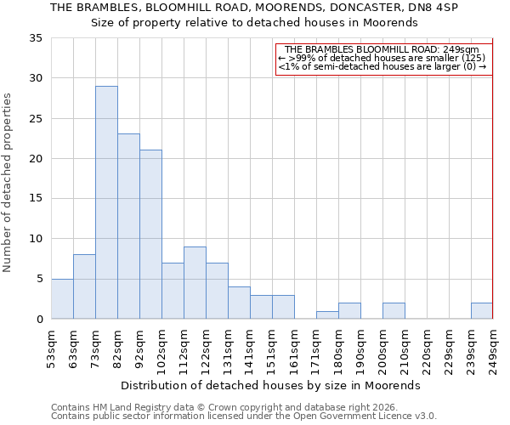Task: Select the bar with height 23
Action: pos(128,226)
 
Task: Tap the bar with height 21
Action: pos(150,235)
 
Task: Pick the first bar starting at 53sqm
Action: pos(62,298)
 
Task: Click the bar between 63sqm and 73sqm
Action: pos(84,286)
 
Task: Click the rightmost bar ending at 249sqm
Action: pos(482,311)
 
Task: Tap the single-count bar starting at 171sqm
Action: pos(327,314)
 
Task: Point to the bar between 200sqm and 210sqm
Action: pos(394,311)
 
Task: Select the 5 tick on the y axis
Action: pos(38,280)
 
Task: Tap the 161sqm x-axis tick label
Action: pos(295,348)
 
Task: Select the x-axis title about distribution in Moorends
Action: pos(270,385)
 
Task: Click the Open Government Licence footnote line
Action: pos(244,416)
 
